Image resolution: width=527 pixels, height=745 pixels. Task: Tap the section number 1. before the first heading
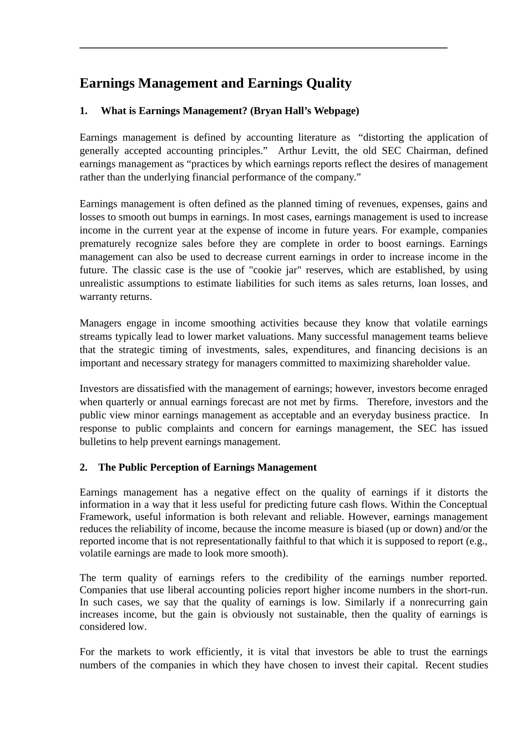coord(84,111)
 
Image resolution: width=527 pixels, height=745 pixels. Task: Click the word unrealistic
coord(103,284)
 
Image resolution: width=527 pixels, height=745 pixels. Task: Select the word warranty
coord(98,297)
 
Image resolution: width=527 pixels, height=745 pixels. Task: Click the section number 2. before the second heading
coord(84,467)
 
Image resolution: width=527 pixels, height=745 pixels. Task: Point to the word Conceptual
coord(463,504)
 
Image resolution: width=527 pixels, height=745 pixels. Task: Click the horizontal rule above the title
coord(263,48)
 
